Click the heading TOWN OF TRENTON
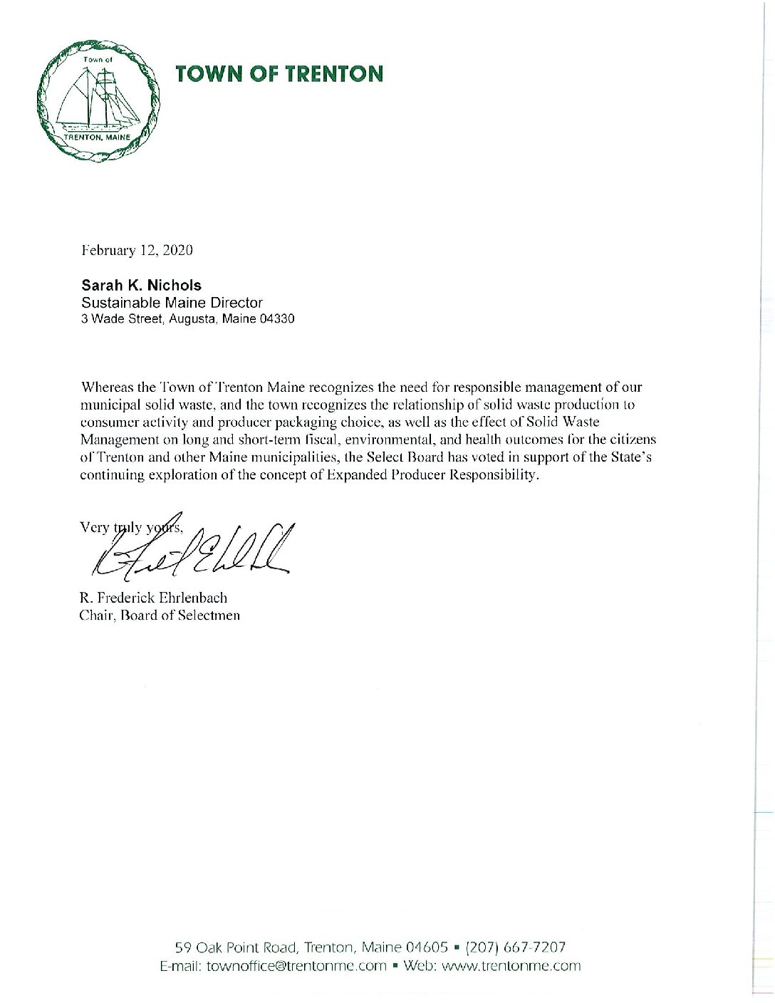[279, 74]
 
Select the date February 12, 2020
[136, 251]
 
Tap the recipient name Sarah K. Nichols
[141, 286]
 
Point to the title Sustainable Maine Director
[172, 303]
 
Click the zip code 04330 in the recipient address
[279, 319]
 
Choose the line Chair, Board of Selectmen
[160, 615]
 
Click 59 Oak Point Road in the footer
[236, 947]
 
